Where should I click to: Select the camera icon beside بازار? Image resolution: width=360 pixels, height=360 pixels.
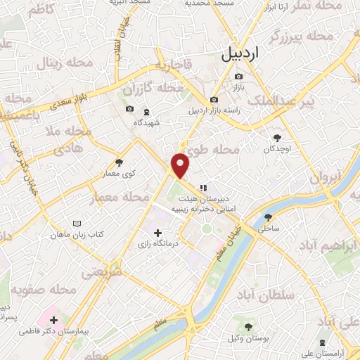[239, 77]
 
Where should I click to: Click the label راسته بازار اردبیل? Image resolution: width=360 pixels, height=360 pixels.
[214, 110]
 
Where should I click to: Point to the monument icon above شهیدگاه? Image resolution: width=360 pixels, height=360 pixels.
[146, 112]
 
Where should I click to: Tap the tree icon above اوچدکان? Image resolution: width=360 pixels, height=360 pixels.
[276, 137]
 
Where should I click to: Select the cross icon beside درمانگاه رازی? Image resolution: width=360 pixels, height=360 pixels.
[157, 232]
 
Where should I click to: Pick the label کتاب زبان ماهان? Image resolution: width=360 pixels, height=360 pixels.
[79, 233]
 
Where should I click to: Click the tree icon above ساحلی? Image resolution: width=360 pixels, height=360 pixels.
[268, 217]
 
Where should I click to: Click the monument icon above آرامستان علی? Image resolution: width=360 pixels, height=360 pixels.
[322, 342]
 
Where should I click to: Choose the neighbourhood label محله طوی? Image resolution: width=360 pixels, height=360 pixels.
[236, 149]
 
